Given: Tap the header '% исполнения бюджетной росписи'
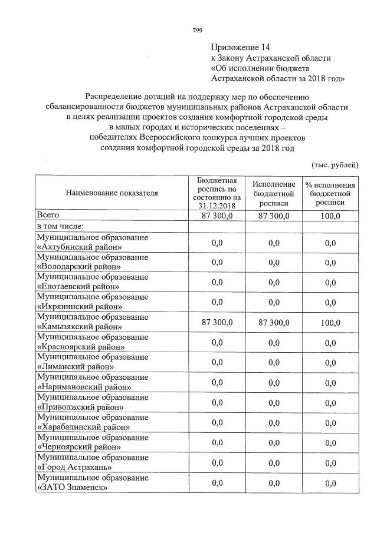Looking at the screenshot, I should point(330,193).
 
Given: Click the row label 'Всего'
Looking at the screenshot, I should point(48,216).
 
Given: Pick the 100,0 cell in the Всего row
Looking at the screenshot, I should point(329,216).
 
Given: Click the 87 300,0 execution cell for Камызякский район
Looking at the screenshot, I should point(273,322).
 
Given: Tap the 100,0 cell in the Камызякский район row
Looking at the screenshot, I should point(330,322).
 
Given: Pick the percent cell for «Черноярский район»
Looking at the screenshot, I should point(330,442).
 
